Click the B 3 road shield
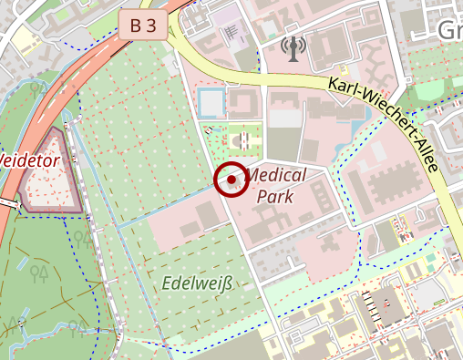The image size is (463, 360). coord(143,26)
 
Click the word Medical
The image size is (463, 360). coord(276,174)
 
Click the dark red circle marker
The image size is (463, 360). coord(231,180)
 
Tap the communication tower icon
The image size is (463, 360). coord(293,47)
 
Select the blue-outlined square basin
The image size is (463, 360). coord(211,102)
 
